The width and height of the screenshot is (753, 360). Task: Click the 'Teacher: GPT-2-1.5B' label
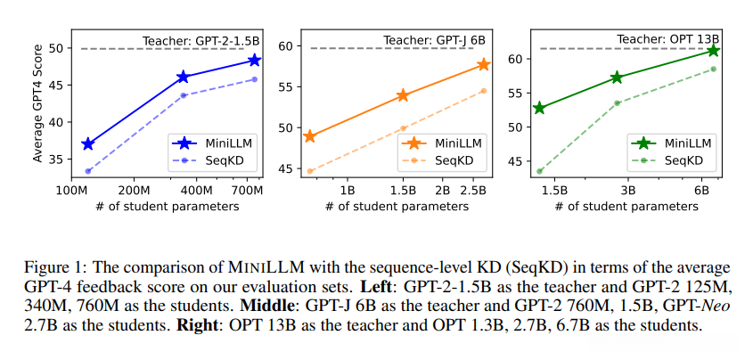[201, 40]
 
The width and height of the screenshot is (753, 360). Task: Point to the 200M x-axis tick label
[133, 191]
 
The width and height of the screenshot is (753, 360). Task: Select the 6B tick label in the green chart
[701, 191]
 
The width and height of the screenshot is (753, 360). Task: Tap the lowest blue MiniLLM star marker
[87, 143]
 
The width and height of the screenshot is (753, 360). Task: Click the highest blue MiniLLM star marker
[255, 61]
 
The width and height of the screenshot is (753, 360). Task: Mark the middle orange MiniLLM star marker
[403, 95]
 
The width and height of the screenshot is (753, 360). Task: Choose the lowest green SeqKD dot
[539, 171]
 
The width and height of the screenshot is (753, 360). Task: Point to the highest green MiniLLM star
[713, 51]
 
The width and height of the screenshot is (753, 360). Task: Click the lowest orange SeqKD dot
[310, 171]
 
